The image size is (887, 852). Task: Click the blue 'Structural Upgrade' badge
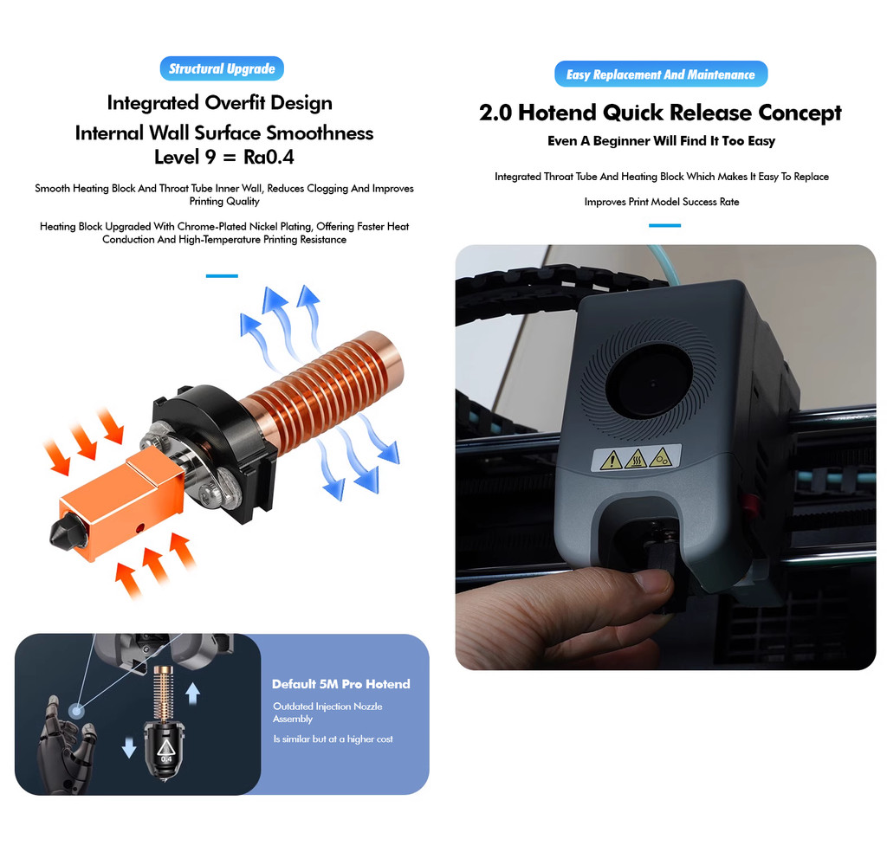[x=222, y=69]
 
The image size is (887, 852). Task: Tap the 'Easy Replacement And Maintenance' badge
[x=661, y=74]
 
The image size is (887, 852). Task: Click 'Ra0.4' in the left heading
[x=269, y=158]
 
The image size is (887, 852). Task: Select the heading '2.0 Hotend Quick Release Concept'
[x=660, y=113]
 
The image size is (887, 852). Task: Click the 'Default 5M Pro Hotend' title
[x=341, y=684]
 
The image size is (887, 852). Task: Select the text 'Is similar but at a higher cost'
[x=333, y=739]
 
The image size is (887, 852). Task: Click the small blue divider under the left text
[x=222, y=276]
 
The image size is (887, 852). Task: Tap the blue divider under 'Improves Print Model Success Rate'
[x=664, y=226]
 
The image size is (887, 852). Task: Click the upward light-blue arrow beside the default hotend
[x=193, y=693]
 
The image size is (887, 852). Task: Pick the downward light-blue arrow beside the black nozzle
[x=129, y=746]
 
